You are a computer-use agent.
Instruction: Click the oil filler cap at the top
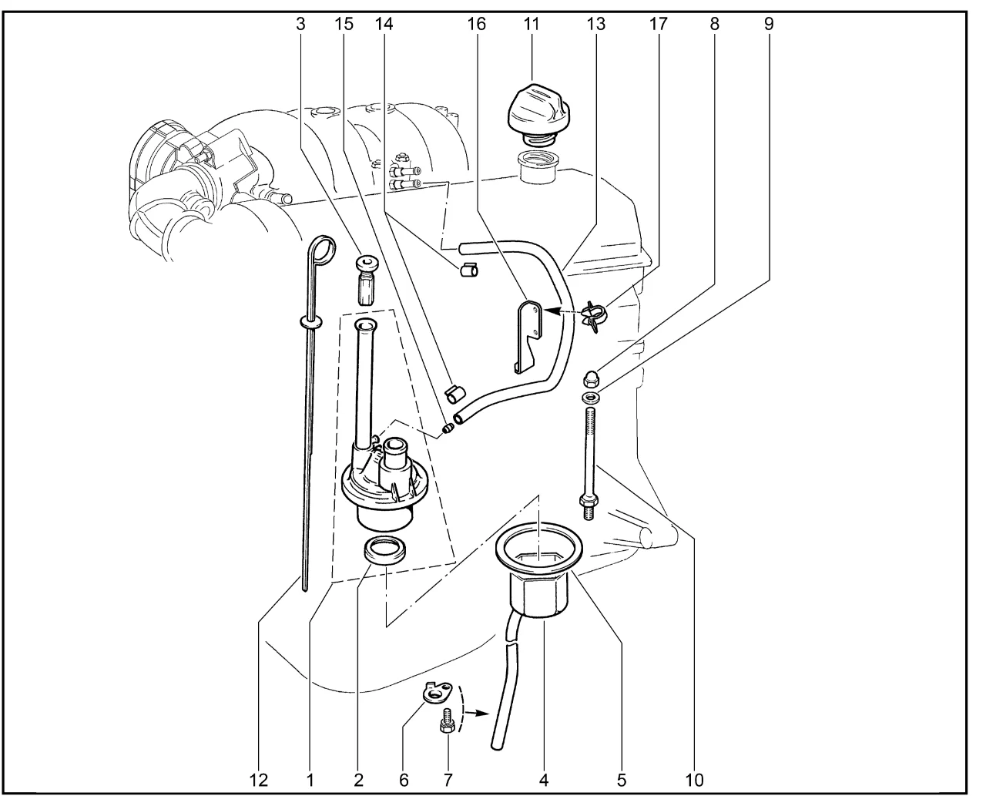tap(537, 109)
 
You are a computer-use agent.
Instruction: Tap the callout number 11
tap(532, 24)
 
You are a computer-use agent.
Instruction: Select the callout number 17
tap(656, 24)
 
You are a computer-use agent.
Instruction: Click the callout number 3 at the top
tap(300, 24)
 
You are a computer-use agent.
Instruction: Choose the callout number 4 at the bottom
tap(544, 779)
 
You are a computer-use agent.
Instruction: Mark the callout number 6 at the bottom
tap(404, 779)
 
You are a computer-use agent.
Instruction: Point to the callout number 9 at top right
tap(768, 24)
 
